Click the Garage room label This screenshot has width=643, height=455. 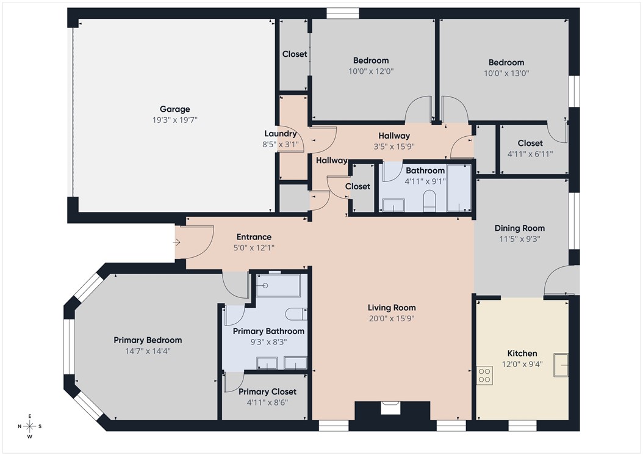[174, 109]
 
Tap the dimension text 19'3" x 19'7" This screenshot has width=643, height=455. [174, 120]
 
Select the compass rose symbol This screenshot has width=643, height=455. [29, 426]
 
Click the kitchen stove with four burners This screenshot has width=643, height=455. [484, 374]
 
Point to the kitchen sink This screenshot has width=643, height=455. [561, 365]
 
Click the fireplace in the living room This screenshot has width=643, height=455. [391, 408]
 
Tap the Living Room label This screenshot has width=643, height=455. [391, 308]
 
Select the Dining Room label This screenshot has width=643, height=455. [519, 228]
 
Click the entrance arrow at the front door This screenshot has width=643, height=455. [177, 242]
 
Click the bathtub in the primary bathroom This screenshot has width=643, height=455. [278, 285]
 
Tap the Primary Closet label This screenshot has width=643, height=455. [267, 391]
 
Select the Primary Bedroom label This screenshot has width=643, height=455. [148, 340]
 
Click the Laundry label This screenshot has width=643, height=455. [281, 134]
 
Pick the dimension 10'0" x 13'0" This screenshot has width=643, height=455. [506, 73]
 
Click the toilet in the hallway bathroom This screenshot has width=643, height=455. [429, 200]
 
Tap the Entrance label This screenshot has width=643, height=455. [254, 237]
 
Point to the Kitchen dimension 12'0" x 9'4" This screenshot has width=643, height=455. [522, 365]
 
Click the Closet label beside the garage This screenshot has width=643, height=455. [295, 54]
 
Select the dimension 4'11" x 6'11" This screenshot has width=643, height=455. [530, 154]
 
